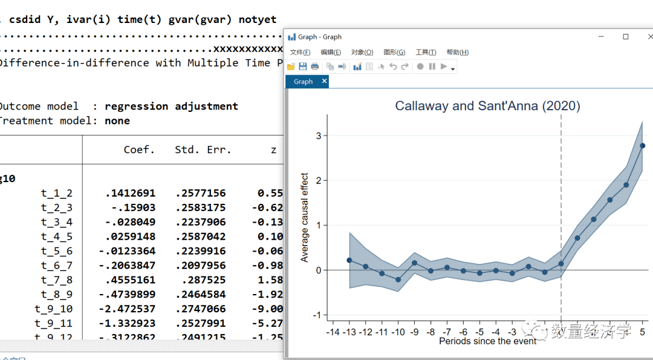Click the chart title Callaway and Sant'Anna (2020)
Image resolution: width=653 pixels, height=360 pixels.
tap(487, 106)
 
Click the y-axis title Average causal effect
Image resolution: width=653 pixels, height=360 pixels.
tap(305, 218)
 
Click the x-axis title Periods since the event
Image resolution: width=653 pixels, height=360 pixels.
tap(487, 341)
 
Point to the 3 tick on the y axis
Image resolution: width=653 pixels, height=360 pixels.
tap(318, 136)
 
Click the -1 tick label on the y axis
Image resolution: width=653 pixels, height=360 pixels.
tap(316, 315)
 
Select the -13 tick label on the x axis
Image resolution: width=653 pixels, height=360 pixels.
tap(349, 332)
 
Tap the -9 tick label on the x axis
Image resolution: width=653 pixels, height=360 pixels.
tap(414, 332)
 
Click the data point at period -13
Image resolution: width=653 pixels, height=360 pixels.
tap(349, 260)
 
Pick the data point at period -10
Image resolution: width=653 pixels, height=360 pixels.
tap(398, 280)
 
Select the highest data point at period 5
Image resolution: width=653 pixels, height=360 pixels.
tap(642, 145)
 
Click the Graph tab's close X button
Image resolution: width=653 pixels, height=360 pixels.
tap(324, 81)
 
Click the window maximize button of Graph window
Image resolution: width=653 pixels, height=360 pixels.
tap(626, 37)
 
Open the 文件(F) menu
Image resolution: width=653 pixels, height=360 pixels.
tap(300, 53)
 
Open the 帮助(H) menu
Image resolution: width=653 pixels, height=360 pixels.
tap(457, 53)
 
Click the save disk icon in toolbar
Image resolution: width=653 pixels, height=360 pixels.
tap(302, 67)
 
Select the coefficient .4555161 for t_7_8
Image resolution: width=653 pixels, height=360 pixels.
tap(130, 280)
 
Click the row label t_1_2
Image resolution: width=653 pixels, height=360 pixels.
tap(57, 193)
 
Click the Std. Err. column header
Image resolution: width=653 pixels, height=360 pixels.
tap(203, 149)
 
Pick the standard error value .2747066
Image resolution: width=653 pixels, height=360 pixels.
tap(200, 309)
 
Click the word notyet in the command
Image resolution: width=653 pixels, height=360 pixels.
tap(258, 19)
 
